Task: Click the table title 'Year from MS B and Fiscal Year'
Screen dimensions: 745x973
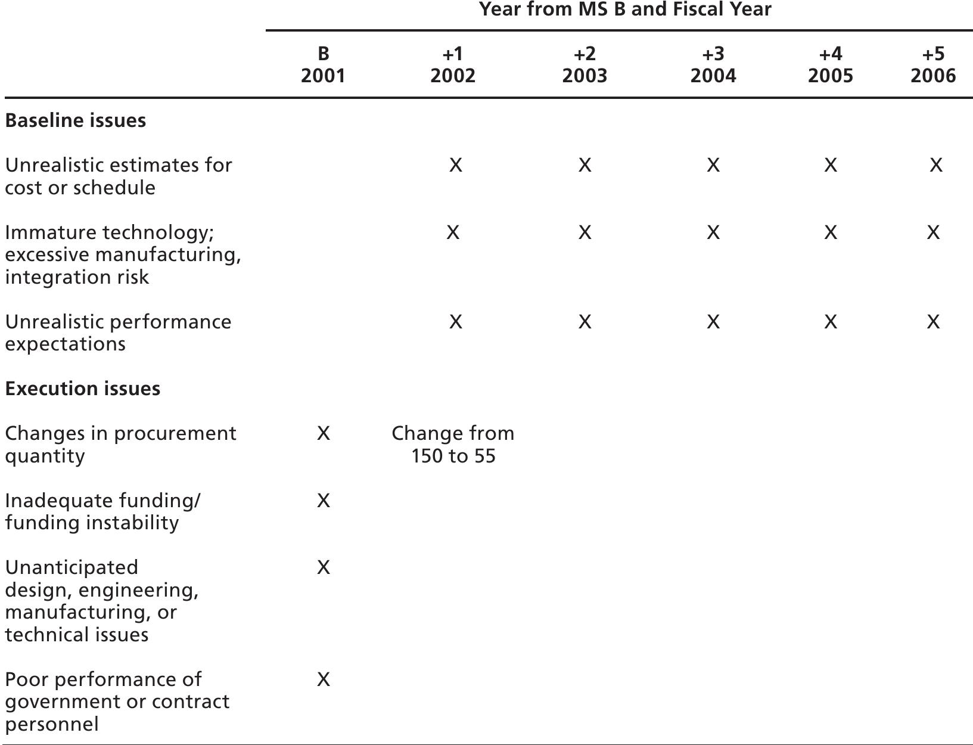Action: (625, 10)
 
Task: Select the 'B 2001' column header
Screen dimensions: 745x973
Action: (323, 65)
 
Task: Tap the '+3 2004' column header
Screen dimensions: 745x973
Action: (713, 65)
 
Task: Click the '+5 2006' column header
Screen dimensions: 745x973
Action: (933, 65)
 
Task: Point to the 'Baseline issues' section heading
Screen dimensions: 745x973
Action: (76, 120)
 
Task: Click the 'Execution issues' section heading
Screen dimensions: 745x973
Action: (83, 389)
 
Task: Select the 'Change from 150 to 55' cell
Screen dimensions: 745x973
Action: (453, 445)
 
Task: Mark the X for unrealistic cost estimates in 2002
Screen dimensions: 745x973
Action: (455, 165)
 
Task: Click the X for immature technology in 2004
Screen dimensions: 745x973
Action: (713, 232)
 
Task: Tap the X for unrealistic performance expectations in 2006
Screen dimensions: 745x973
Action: (933, 322)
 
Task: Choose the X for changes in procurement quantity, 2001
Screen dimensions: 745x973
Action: (323, 433)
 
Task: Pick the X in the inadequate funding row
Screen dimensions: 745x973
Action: (323, 501)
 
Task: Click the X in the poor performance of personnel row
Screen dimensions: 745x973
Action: (323, 679)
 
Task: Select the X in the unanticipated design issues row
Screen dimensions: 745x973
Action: (323, 567)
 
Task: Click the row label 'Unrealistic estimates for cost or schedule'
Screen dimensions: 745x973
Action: (118, 176)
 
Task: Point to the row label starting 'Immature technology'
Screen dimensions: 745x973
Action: (122, 254)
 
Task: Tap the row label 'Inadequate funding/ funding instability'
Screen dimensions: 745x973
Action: (102, 511)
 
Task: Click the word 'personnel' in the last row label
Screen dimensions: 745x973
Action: (52, 725)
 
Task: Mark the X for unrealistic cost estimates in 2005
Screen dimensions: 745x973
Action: (830, 165)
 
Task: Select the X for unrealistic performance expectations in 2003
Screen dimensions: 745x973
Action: (585, 322)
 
